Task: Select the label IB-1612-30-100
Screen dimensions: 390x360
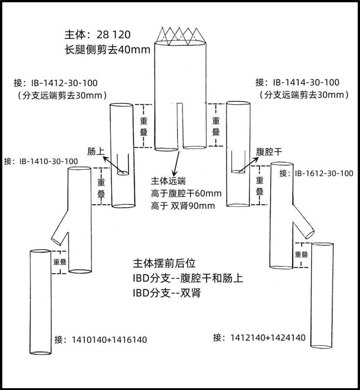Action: point(324,173)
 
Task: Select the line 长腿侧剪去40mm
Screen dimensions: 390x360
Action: point(108,49)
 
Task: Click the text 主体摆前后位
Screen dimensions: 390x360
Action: point(165,264)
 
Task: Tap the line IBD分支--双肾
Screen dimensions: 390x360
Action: point(166,293)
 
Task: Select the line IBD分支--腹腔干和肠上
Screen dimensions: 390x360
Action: point(188,278)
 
